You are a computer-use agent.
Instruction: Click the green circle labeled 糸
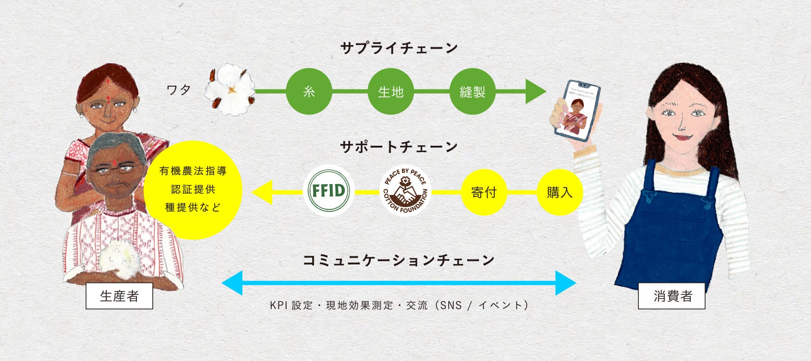(309, 92)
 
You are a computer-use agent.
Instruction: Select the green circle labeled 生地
(391, 92)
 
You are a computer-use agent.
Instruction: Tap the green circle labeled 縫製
(472, 92)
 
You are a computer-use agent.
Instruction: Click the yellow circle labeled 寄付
(484, 192)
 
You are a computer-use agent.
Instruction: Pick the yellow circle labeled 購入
(560, 192)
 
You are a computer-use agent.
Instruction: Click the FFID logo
(328, 190)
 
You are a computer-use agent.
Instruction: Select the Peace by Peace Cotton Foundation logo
(405, 191)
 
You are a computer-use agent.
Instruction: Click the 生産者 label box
(119, 296)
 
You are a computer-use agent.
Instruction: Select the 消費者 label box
(672, 296)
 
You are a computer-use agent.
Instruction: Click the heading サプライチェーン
(399, 48)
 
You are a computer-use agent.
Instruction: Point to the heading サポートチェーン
(399, 147)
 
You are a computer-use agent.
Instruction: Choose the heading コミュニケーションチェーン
(399, 260)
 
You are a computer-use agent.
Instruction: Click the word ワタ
(179, 90)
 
